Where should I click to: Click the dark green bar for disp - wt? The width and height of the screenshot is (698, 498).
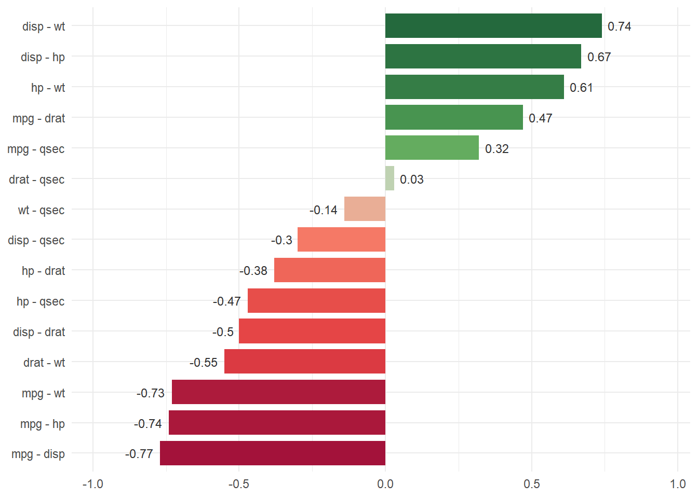[493, 26]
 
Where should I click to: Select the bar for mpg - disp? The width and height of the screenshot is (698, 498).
[273, 453]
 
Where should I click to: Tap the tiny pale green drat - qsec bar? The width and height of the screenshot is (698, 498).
[390, 178]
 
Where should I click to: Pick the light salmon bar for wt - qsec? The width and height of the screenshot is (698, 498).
[365, 209]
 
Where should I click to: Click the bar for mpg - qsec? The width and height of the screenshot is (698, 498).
[432, 148]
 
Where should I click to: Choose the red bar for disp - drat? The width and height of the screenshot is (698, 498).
[312, 331]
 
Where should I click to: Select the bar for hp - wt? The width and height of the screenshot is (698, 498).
[474, 87]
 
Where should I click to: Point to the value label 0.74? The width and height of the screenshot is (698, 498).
[619, 26]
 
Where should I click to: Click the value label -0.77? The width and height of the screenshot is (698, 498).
[139, 454]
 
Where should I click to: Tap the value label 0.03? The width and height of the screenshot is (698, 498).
[411, 179]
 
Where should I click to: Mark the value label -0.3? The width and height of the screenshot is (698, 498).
[281, 240]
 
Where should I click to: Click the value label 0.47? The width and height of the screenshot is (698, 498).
[540, 118]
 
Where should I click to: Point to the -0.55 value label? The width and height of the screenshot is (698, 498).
[204, 363]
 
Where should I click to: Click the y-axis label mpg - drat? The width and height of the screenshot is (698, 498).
[39, 118]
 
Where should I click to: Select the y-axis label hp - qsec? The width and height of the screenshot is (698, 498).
[41, 301]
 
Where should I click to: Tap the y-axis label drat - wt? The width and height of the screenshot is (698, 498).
[44, 363]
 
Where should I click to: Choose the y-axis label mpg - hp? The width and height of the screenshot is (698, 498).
[43, 424]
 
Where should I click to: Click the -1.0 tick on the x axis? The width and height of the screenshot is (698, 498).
[93, 484]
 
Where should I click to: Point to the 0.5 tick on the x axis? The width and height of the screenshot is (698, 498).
[531, 484]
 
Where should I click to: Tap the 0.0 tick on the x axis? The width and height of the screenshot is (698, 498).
[385, 484]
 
